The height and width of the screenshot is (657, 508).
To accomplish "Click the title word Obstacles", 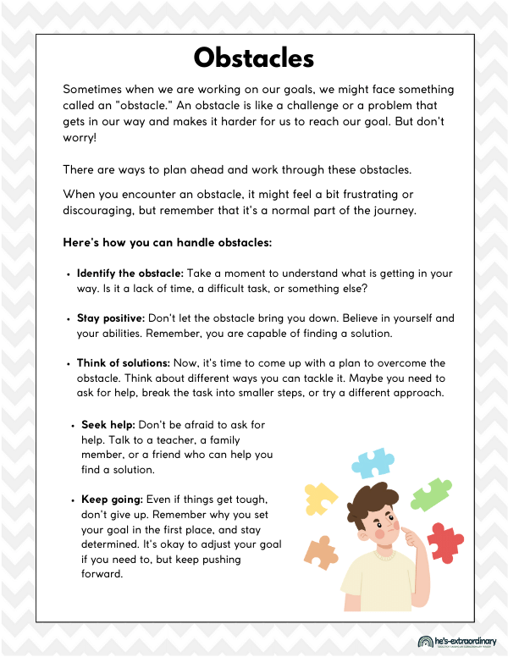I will click(x=254, y=58).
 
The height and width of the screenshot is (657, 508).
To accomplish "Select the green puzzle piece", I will click(x=429, y=494).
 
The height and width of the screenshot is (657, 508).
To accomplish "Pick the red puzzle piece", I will click(x=445, y=542).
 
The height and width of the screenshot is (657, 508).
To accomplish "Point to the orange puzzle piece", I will click(x=320, y=553).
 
